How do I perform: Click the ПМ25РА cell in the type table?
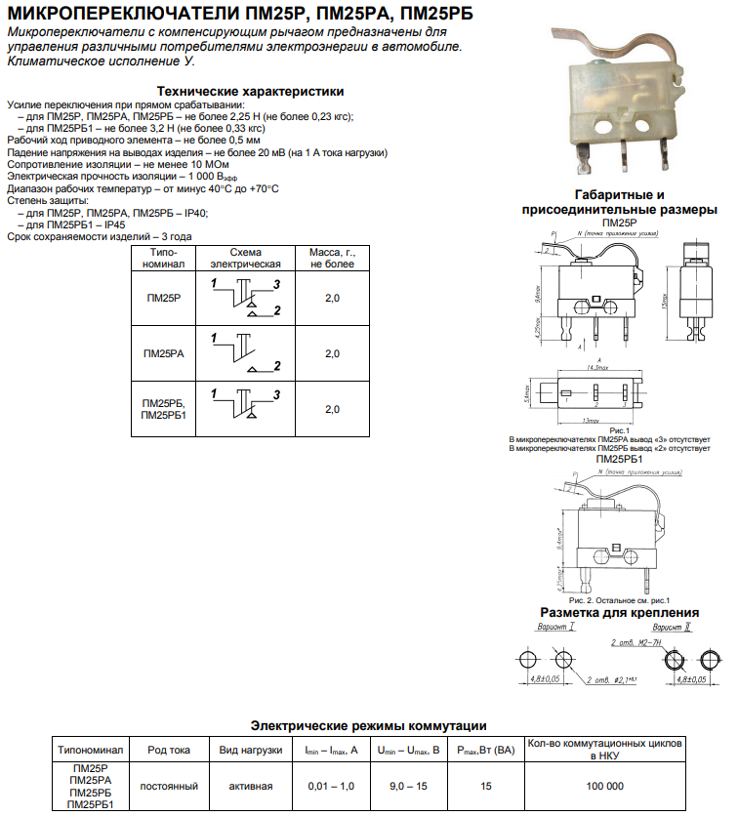(163, 353)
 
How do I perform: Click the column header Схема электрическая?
(246, 258)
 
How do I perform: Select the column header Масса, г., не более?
(332, 258)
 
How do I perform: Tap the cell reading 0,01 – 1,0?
(331, 786)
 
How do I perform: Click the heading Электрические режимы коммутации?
(368, 726)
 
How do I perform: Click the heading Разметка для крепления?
(619, 613)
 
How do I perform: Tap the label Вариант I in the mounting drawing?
(556, 628)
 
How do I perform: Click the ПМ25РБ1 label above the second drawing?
(619, 459)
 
